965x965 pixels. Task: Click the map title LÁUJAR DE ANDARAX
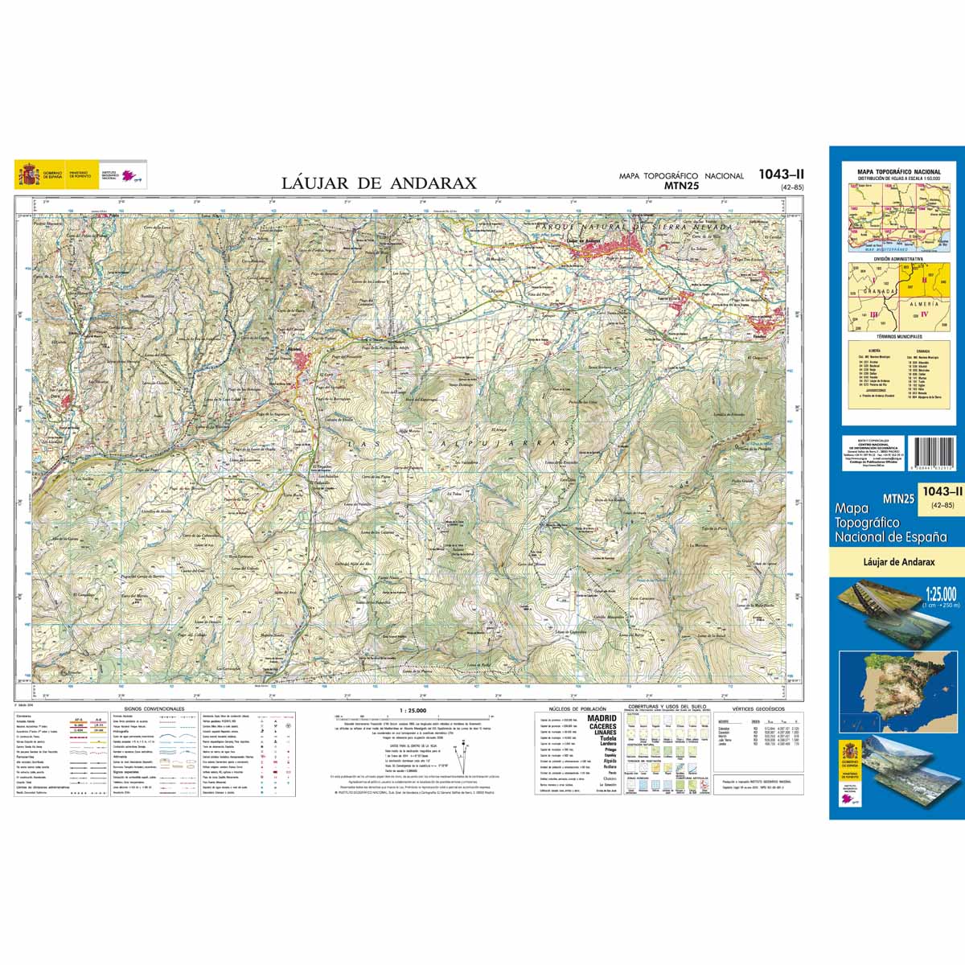[x=379, y=183]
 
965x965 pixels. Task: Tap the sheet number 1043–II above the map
[x=781, y=174]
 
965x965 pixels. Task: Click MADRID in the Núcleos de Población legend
[x=602, y=718]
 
